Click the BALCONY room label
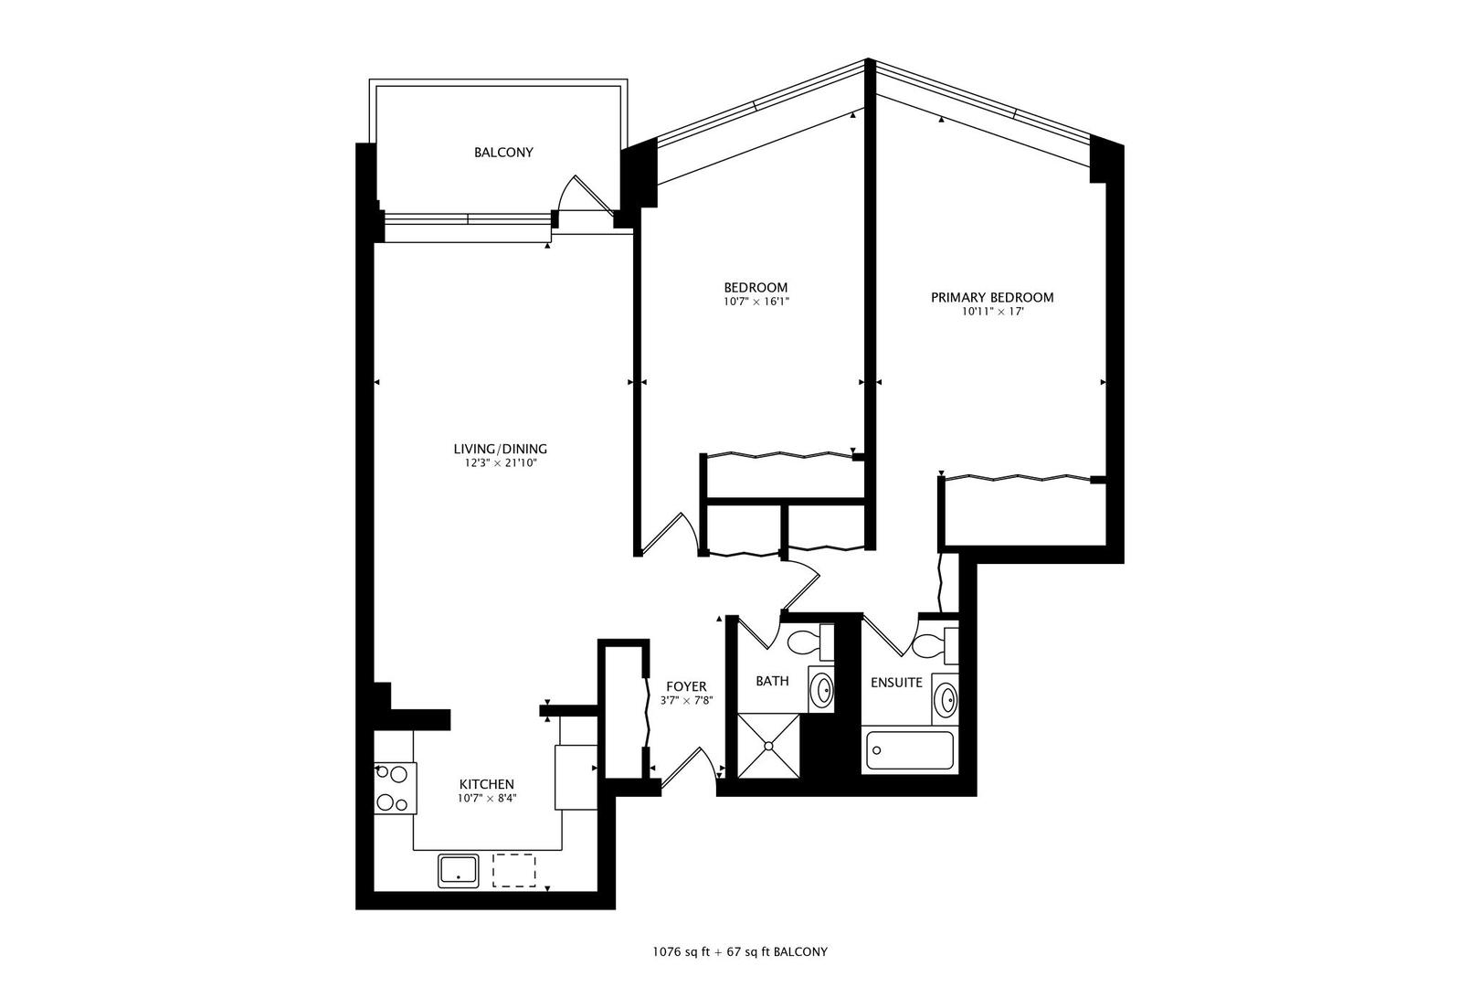pos(502,153)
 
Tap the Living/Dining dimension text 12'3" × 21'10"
pos(500,463)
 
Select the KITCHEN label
pos(486,784)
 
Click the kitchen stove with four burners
pos(394,788)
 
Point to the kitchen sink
pos(459,870)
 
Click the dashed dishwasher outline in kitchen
pos(515,870)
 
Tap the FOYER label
pos(685,686)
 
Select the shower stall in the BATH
pos(767,746)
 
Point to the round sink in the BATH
pos(823,691)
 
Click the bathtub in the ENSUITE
pos(908,752)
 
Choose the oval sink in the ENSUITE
pos(946,702)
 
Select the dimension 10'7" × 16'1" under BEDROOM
pos(755,302)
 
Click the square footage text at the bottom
pos(740,951)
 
